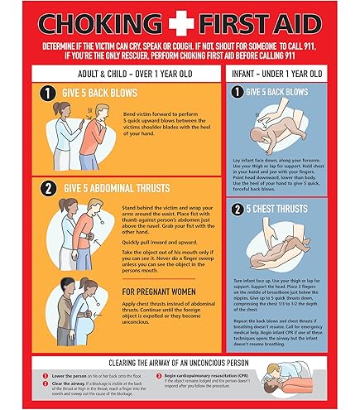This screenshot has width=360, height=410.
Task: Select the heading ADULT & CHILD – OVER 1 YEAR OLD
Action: (x=122, y=74)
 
